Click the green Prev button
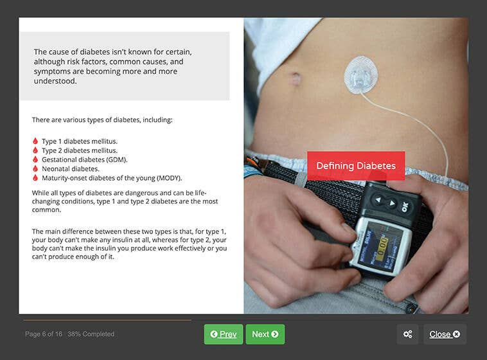click(223, 334)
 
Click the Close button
click(444, 334)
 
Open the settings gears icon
click(407, 334)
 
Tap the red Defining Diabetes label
click(355, 166)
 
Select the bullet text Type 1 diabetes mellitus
click(80, 141)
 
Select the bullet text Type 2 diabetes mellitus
click(80, 150)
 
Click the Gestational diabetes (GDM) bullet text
click(84, 159)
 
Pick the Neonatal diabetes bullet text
click(71, 168)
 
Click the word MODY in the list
click(170, 178)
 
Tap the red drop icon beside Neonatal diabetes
click(35, 168)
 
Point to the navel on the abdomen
click(295, 79)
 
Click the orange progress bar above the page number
click(107, 319)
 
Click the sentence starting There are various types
click(102, 120)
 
